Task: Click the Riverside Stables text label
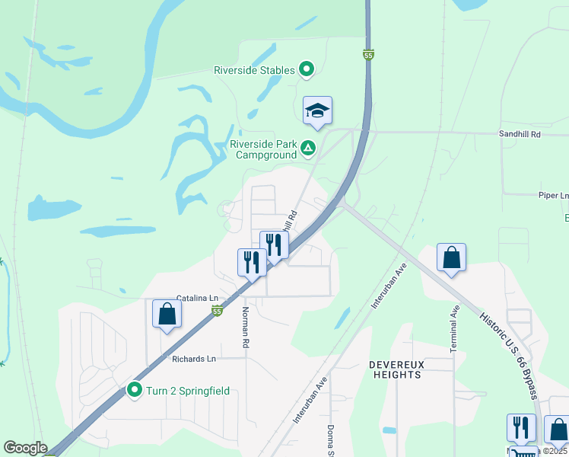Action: (253, 70)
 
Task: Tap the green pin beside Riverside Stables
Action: (307, 70)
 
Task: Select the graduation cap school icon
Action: (317, 111)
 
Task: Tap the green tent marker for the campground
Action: (308, 148)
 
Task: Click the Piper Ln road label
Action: (553, 195)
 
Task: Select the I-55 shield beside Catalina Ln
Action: (218, 311)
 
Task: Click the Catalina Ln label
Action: (197, 298)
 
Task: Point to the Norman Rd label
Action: (246, 327)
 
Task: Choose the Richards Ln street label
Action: (194, 359)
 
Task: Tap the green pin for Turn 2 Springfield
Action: (135, 391)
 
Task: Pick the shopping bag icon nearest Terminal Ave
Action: (451, 257)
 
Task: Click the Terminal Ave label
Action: (455, 328)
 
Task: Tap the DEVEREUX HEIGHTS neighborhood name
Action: (396, 369)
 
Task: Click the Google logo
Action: (25, 448)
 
